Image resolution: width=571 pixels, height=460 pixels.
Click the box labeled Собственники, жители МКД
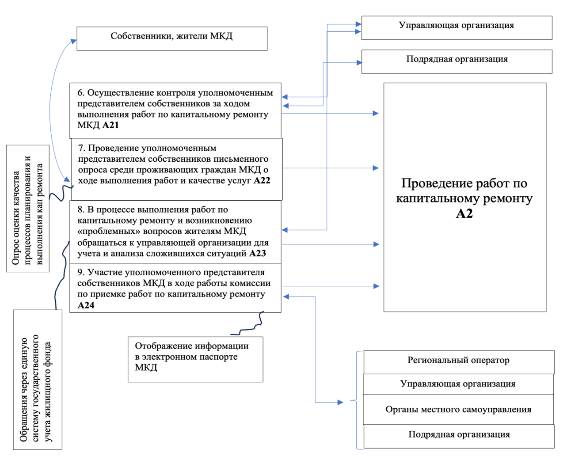[171, 38]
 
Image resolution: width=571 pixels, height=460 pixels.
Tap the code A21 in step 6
[110, 125]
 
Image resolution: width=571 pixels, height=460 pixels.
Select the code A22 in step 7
[262, 181]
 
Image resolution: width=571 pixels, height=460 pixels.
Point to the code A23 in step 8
[258, 254]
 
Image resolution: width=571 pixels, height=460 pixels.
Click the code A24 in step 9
[86, 305]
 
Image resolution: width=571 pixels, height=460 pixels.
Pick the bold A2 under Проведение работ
[464, 214]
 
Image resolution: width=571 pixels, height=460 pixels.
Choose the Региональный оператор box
[458, 361]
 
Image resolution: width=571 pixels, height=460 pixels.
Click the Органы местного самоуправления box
[458, 410]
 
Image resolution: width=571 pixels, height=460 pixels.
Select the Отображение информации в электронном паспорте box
[195, 359]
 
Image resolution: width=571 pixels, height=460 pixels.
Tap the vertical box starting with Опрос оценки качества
[27, 209]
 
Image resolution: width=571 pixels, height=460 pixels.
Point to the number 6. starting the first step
[81, 93]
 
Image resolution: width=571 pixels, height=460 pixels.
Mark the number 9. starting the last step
[81, 273]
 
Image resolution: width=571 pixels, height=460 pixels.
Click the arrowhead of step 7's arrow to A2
[376, 168]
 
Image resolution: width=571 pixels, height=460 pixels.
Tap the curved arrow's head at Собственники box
[74, 41]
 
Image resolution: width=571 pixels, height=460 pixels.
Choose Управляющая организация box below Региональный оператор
[458, 384]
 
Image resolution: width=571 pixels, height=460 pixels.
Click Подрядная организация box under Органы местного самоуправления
[458, 435]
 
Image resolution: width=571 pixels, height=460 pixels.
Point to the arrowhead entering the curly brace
[340, 402]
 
